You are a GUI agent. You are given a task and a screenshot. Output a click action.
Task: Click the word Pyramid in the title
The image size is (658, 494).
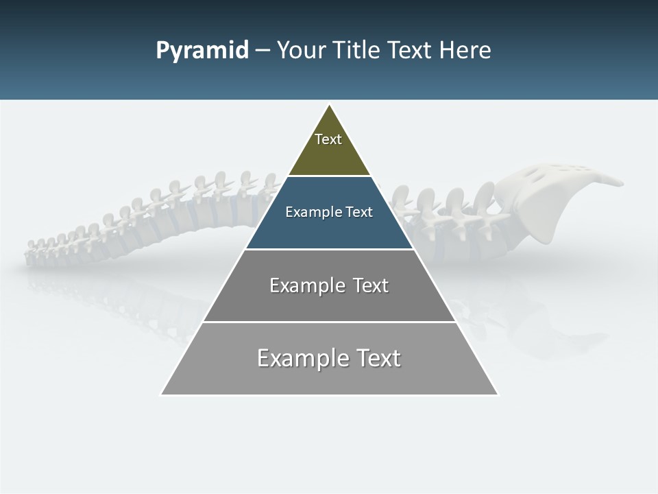point(202,51)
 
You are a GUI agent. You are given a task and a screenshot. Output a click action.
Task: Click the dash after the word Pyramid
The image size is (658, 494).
point(263,51)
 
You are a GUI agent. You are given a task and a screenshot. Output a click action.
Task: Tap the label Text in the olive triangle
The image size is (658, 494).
point(328,139)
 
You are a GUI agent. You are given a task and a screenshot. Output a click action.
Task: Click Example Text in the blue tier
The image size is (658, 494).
point(329,212)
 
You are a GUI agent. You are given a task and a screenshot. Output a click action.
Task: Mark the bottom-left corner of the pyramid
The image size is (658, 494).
point(162,395)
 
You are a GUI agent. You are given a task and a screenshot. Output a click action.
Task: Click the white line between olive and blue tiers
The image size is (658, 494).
point(329,176)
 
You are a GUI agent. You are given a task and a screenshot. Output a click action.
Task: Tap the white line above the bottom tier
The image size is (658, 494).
point(329,322)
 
